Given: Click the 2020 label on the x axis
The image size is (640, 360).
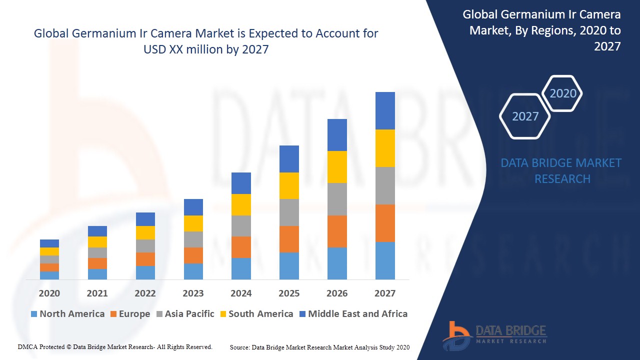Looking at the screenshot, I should click(x=49, y=293).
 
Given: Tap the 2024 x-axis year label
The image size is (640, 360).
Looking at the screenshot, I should click(x=241, y=293).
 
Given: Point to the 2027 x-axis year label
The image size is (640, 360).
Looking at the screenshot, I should click(x=384, y=293).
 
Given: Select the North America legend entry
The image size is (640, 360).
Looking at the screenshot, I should click(x=67, y=314).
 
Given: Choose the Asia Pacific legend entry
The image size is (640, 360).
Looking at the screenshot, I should click(x=185, y=314).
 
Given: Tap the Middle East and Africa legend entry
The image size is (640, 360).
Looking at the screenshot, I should click(x=353, y=314).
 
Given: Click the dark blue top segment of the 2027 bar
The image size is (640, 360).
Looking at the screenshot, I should click(x=385, y=110).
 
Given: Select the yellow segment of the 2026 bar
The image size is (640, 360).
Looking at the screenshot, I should click(x=337, y=167).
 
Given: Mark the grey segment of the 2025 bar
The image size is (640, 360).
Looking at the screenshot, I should click(x=289, y=212).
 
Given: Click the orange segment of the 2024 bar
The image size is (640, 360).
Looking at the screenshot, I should click(x=241, y=247).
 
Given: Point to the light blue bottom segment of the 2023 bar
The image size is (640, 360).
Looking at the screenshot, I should click(x=193, y=271).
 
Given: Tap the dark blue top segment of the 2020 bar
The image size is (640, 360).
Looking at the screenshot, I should click(x=49, y=243).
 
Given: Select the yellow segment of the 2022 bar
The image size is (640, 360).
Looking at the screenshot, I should click(x=145, y=232).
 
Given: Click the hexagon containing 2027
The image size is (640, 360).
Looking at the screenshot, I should click(x=525, y=116).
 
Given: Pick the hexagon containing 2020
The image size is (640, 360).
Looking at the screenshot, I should click(x=562, y=93).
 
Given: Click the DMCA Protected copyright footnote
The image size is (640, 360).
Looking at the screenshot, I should click(x=115, y=346).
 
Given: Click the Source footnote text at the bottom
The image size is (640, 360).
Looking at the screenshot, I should click(x=319, y=347).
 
